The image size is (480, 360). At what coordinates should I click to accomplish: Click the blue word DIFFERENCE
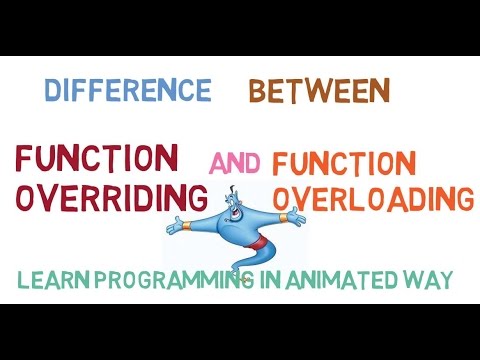click(x=127, y=91)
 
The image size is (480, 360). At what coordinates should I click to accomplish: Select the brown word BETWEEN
click(x=318, y=91)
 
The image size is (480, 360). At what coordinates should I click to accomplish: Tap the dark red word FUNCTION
click(x=96, y=157)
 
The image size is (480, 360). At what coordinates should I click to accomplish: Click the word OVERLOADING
click(x=373, y=198)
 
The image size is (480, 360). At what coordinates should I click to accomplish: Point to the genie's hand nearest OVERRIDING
click(x=175, y=223)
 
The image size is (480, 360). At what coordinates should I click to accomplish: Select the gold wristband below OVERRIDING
click(x=190, y=222)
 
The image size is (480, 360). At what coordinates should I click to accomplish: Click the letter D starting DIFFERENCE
click(x=52, y=91)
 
